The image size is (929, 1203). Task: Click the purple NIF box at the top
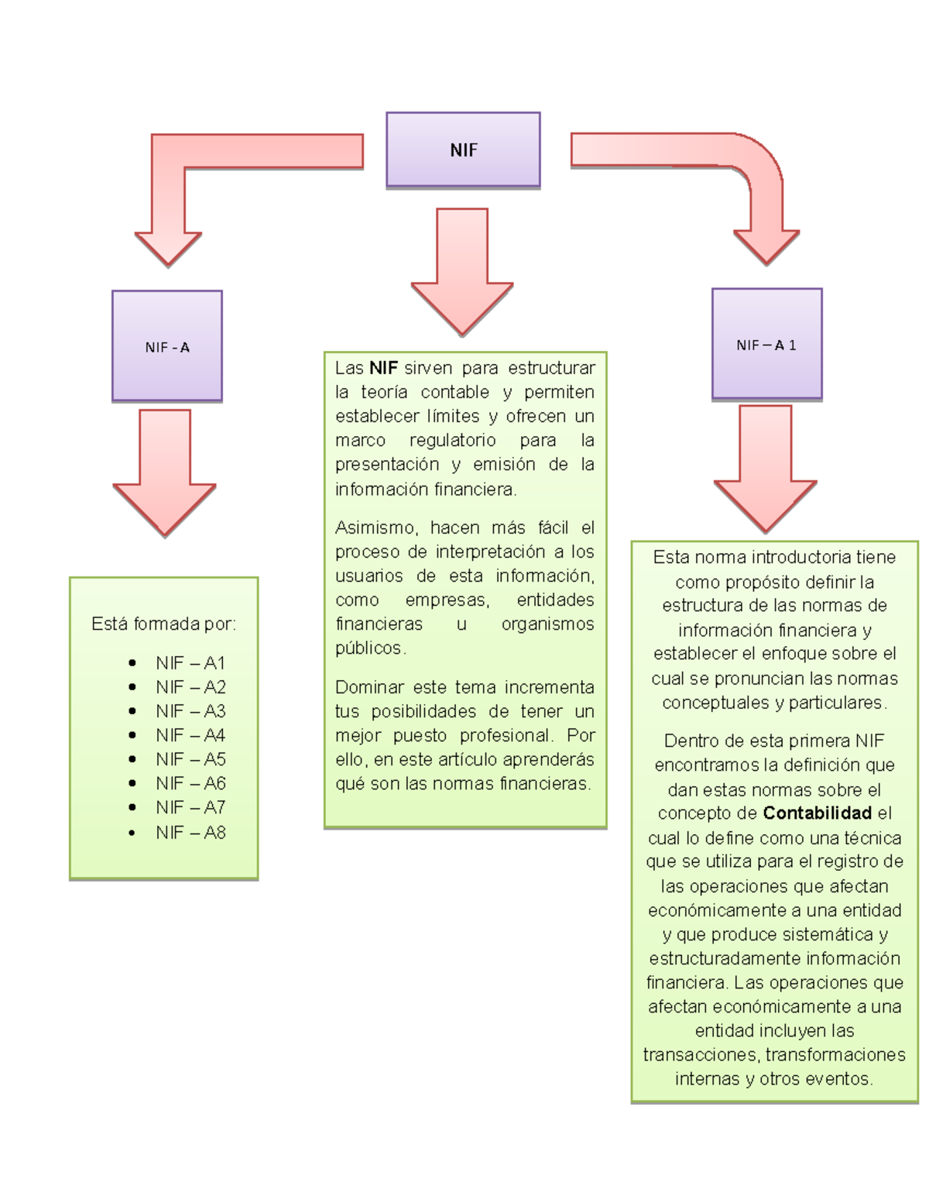pos(463,150)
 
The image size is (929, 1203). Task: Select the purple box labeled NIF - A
pos(167,346)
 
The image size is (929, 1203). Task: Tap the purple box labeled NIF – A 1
pos(766,345)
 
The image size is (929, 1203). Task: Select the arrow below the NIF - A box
pos(165,473)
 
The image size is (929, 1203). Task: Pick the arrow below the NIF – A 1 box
pos(765,469)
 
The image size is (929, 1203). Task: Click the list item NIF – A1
pos(190,663)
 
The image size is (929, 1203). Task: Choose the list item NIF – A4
pos(190,735)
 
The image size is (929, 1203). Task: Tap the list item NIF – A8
pos(190,833)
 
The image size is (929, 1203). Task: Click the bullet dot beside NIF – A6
pos(132,784)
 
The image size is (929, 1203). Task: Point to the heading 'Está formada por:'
pos(163,624)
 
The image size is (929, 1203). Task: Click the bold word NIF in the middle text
pos(383,368)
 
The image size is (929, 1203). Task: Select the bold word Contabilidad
pos(817,813)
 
